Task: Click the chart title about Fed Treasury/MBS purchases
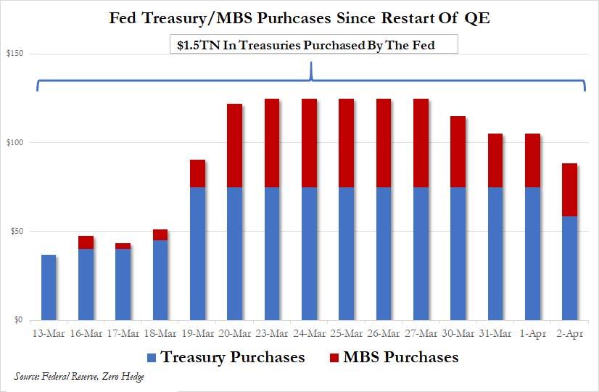(299, 17)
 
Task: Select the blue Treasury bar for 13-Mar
(49, 287)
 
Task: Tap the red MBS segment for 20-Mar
(234, 145)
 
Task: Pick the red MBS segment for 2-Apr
(570, 189)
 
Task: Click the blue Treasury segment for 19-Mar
(197, 253)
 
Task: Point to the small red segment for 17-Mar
(123, 246)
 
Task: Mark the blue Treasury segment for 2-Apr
(570, 268)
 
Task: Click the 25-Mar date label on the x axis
(347, 334)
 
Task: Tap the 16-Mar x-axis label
(86, 334)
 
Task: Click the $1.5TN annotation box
(311, 45)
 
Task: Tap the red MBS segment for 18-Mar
(160, 234)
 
